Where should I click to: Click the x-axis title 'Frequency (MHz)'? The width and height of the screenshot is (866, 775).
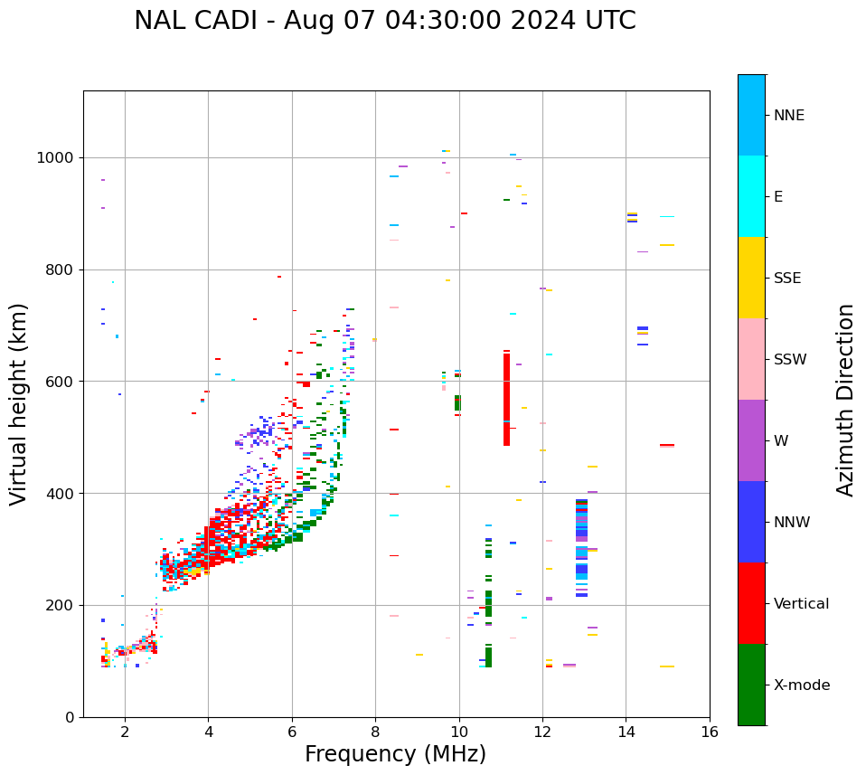(395, 754)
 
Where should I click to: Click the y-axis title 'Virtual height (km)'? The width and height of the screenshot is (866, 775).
(19, 403)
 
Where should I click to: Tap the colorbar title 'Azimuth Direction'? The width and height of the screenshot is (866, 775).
(845, 400)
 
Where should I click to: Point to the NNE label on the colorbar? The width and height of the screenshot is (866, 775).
(788, 116)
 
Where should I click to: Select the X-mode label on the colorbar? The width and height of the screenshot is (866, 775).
(801, 685)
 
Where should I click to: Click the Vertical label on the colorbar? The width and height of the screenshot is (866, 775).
(801, 604)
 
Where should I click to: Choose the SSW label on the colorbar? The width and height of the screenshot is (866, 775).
(790, 360)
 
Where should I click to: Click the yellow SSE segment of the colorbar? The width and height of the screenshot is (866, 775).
(751, 278)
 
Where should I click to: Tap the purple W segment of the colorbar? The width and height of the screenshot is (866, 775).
(751, 440)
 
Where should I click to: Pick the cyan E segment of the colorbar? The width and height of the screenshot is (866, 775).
(751, 196)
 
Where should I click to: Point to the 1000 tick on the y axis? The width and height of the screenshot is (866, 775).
(57, 157)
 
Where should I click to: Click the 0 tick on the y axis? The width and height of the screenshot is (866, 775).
(70, 717)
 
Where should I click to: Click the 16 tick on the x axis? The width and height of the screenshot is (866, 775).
(710, 731)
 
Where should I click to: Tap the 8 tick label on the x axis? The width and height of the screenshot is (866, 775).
(375, 731)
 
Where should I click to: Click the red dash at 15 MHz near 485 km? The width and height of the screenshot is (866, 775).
(666, 445)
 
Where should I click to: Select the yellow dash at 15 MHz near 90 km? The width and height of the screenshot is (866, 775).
(666, 666)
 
